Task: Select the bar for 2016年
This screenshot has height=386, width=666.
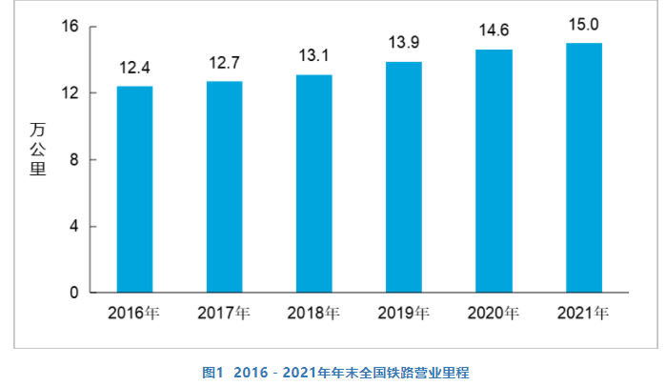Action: point(134,189)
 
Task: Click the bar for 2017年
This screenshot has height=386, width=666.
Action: point(224,187)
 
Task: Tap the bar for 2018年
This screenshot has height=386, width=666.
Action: point(313,183)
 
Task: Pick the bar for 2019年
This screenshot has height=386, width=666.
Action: point(404,176)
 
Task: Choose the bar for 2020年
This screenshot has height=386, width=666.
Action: point(494,171)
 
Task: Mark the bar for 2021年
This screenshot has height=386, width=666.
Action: point(584,168)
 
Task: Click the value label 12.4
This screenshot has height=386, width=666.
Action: point(134,69)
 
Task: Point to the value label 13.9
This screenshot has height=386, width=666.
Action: point(404,44)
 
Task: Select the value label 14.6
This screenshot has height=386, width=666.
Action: point(494,32)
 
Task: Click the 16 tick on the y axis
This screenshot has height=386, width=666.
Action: point(71,27)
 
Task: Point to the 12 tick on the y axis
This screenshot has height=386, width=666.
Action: point(71,93)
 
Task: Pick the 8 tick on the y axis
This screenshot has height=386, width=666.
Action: point(73,160)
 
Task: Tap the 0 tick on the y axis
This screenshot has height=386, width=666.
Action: point(73,294)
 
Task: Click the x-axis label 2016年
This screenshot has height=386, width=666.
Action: point(134,313)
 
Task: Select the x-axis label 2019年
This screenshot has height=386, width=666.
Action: point(404,313)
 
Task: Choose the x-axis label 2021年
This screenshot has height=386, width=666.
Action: point(584,313)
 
